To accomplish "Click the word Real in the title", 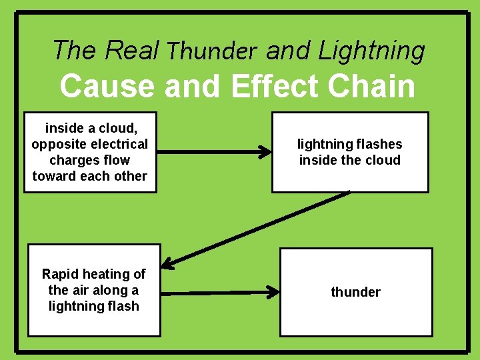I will (132, 50).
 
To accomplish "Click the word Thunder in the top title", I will (212, 51).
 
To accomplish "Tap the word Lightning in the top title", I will (371, 51).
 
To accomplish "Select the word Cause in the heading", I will (107, 86).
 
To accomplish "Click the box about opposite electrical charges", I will (90, 152).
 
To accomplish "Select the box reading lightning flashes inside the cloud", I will (349, 152).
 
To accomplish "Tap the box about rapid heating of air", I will (94, 290).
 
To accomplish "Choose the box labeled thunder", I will (355, 292).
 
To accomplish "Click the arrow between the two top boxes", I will (213, 152).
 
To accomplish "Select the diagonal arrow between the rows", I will (257, 229).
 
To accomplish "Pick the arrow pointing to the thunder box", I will (220, 292).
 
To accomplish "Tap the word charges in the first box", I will (70, 160).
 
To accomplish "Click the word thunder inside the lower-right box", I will (355, 292).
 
